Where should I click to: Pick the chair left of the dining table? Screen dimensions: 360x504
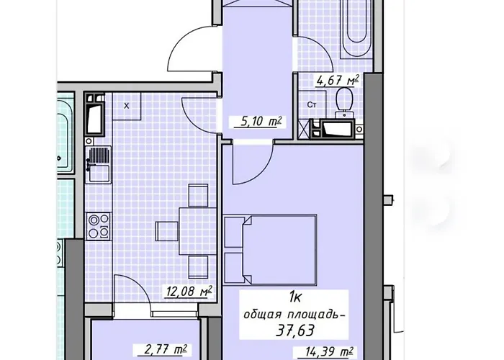point(167,230)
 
